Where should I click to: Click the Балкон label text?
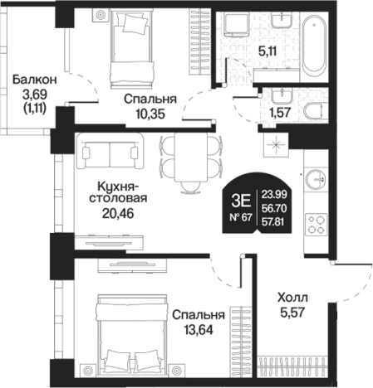[x=34, y=80]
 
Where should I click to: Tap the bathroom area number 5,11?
[x=267, y=51]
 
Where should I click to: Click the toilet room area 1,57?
[x=280, y=114]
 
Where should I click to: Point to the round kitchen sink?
[x=317, y=178]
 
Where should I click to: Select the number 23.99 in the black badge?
[x=273, y=195]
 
